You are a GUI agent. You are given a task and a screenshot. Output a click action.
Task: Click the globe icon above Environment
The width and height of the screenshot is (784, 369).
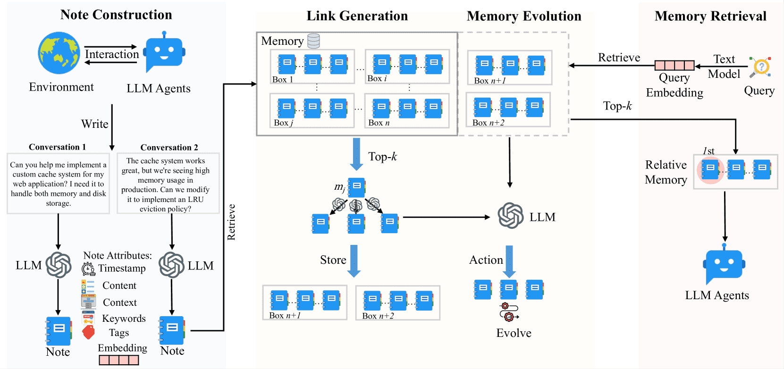[x=59, y=53]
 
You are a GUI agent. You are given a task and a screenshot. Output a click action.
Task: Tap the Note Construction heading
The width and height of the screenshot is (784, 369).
[x=116, y=15]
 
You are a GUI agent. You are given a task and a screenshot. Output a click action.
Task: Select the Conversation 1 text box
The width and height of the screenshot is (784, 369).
[x=58, y=184]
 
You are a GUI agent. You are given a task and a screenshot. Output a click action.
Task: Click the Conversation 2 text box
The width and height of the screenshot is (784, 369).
[x=168, y=184]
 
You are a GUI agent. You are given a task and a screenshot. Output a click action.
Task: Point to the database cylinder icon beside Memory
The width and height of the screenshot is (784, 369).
[x=313, y=41]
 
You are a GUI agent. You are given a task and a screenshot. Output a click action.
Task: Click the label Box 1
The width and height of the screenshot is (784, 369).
[x=282, y=80]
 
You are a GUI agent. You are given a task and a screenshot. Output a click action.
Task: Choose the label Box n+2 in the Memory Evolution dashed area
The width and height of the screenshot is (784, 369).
[x=488, y=123]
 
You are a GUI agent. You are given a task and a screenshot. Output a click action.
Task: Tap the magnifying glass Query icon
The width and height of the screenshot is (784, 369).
[x=760, y=67]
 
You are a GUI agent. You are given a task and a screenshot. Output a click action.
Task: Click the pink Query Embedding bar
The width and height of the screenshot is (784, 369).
[x=674, y=66]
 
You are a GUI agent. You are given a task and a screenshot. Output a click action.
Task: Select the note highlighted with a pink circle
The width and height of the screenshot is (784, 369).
[x=710, y=169]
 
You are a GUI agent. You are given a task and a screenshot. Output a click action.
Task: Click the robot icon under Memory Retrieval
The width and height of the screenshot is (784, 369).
[x=724, y=264]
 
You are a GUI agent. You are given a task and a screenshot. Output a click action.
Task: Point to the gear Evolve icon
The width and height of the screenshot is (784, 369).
[x=509, y=311]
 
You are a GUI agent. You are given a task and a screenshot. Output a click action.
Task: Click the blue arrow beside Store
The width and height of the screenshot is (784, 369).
[x=354, y=261]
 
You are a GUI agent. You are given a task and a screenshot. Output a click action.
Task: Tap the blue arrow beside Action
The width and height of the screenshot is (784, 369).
[x=509, y=261]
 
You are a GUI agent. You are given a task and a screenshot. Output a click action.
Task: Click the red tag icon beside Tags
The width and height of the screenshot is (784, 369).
[x=88, y=332]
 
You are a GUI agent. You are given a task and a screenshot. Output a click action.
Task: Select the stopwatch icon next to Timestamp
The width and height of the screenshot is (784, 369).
[x=88, y=269]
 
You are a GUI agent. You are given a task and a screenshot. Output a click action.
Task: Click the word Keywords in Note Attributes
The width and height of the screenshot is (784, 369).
[x=124, y=319]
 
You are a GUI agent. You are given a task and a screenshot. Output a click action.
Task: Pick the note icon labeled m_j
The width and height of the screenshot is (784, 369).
[x=356, y=187]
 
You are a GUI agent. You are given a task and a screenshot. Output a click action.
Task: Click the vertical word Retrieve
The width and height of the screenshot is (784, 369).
[x=231, y=222]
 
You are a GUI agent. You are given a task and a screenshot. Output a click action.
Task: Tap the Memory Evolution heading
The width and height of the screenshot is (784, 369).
[x=524, y=16]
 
